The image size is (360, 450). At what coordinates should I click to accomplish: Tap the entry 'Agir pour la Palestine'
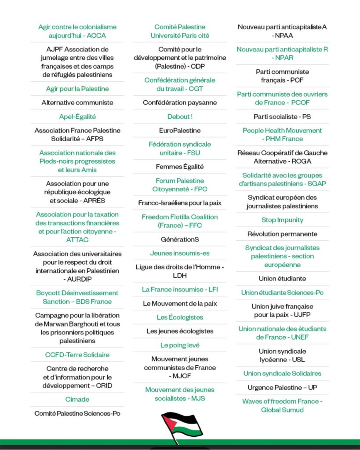tap(77, 89)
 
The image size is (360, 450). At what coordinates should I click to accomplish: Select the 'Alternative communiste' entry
tap(77, 102)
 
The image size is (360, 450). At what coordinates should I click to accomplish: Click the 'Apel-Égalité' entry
tap(77, 116)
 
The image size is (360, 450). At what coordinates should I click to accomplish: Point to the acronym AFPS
tap(93, 139)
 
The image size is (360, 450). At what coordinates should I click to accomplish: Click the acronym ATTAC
tap(77, 240)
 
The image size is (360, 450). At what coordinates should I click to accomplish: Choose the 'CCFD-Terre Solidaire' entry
tap(77, 355)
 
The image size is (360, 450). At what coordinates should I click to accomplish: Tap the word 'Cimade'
tap(77, 399)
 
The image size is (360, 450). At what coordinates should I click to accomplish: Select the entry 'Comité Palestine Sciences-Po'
tap(77, 413)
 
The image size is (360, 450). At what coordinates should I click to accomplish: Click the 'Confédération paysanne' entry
tap(180, 102)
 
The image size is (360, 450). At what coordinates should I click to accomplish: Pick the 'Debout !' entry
tap(180, 116)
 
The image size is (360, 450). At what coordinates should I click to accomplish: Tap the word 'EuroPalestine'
tap(180, 131)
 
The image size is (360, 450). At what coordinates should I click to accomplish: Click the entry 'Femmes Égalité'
tap(180, 167)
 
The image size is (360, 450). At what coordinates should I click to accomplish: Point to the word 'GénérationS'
tap(180, 239)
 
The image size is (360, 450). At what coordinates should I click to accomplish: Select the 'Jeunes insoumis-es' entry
tap(180, 253)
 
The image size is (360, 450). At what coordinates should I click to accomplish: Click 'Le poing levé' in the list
tap(180, 345)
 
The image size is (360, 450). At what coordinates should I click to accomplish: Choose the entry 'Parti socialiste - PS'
tap(282, 116)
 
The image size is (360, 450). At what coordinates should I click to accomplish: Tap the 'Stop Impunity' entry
tap(282, 220)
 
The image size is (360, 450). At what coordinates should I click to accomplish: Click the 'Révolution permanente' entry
tap(282, 234)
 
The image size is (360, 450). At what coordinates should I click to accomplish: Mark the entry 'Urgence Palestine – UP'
tap(282, 387)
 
